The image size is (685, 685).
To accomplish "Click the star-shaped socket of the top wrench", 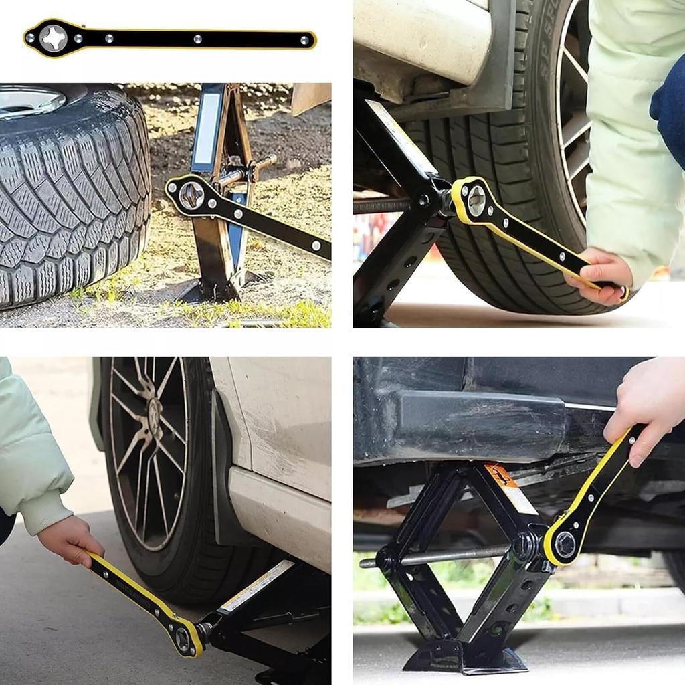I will [x=54, y=38].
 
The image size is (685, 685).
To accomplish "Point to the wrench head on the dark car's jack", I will [x=563, y=543].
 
